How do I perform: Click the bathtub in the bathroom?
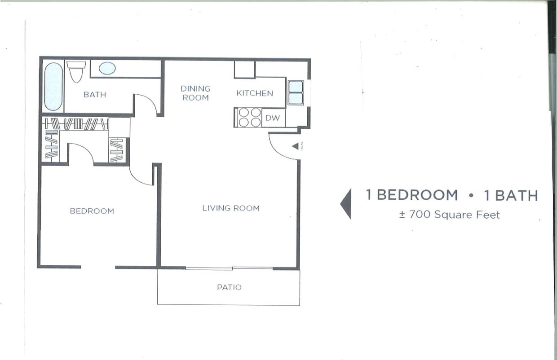53,86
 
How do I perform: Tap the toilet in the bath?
76,71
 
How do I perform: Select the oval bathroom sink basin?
107,68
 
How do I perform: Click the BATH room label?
95,95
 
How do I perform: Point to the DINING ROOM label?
195,93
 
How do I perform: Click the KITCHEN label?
255,93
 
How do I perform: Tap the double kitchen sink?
295,92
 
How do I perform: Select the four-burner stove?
250,118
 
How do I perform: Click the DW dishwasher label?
272,118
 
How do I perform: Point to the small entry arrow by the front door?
295,146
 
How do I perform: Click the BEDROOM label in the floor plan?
92,211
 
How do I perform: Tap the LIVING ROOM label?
230,208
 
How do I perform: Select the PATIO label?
229,287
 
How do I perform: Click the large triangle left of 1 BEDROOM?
346,204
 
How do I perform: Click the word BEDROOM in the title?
417,195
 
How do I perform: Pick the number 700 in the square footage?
420,215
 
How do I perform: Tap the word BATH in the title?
516,195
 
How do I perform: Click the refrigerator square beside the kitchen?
244,70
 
